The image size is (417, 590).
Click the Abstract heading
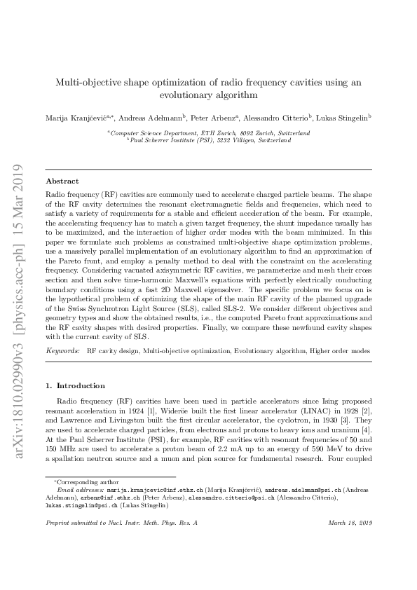(x=61, y=180)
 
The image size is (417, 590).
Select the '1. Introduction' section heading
(x=75, y=385)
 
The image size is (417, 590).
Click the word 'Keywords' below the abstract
(x=62, y=349)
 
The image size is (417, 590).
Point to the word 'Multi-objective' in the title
(x=88, y=82)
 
